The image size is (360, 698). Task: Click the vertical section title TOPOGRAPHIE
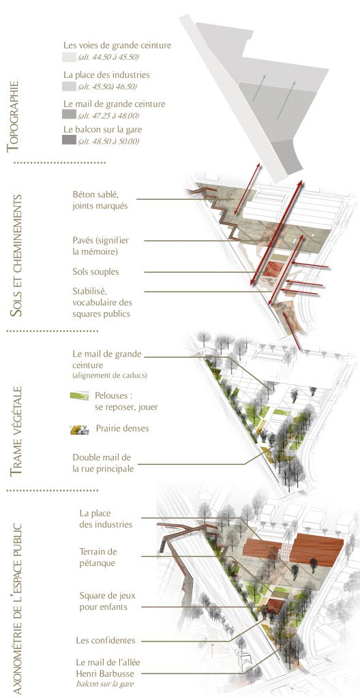[13, 117]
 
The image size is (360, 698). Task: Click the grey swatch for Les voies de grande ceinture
[69, 57]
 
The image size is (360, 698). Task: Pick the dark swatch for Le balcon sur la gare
[69, 140]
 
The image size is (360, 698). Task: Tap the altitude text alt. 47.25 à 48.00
[108, 116]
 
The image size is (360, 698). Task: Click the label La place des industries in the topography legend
[106, 75]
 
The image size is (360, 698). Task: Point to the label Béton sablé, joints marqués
[100, 200]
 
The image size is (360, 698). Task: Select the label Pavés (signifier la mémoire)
[101, 245]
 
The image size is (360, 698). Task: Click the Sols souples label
[95, 271]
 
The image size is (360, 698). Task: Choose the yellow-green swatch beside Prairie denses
[80, 429]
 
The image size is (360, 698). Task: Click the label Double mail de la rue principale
[103, 463]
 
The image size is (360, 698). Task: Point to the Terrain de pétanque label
[98, 557]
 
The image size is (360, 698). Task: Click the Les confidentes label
[106, 641]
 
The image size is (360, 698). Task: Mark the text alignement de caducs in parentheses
[110, 376]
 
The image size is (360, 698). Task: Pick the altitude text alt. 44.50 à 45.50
[109, 57]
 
